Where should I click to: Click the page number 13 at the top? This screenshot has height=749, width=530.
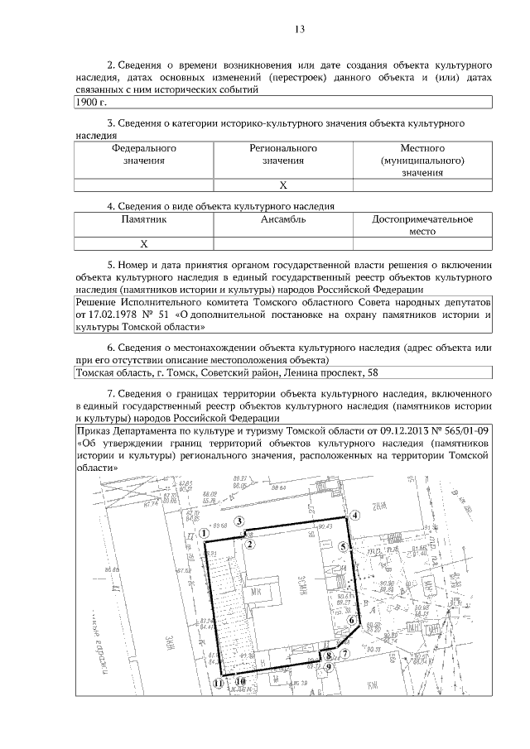[301, 30]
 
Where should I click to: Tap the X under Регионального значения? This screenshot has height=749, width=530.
[283, 185]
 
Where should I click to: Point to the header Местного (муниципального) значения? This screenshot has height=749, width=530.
[422, 160]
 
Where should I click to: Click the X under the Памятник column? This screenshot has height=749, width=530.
[144, 244]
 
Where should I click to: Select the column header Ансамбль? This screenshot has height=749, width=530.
[283, 220]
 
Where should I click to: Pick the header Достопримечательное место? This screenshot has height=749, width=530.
[422, 226]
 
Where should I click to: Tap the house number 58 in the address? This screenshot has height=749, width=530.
[374, 372]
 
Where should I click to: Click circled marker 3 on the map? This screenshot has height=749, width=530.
[239, 521]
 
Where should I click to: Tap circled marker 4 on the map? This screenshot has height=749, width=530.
[354, 516]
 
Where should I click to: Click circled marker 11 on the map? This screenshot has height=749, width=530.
[218, 684]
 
